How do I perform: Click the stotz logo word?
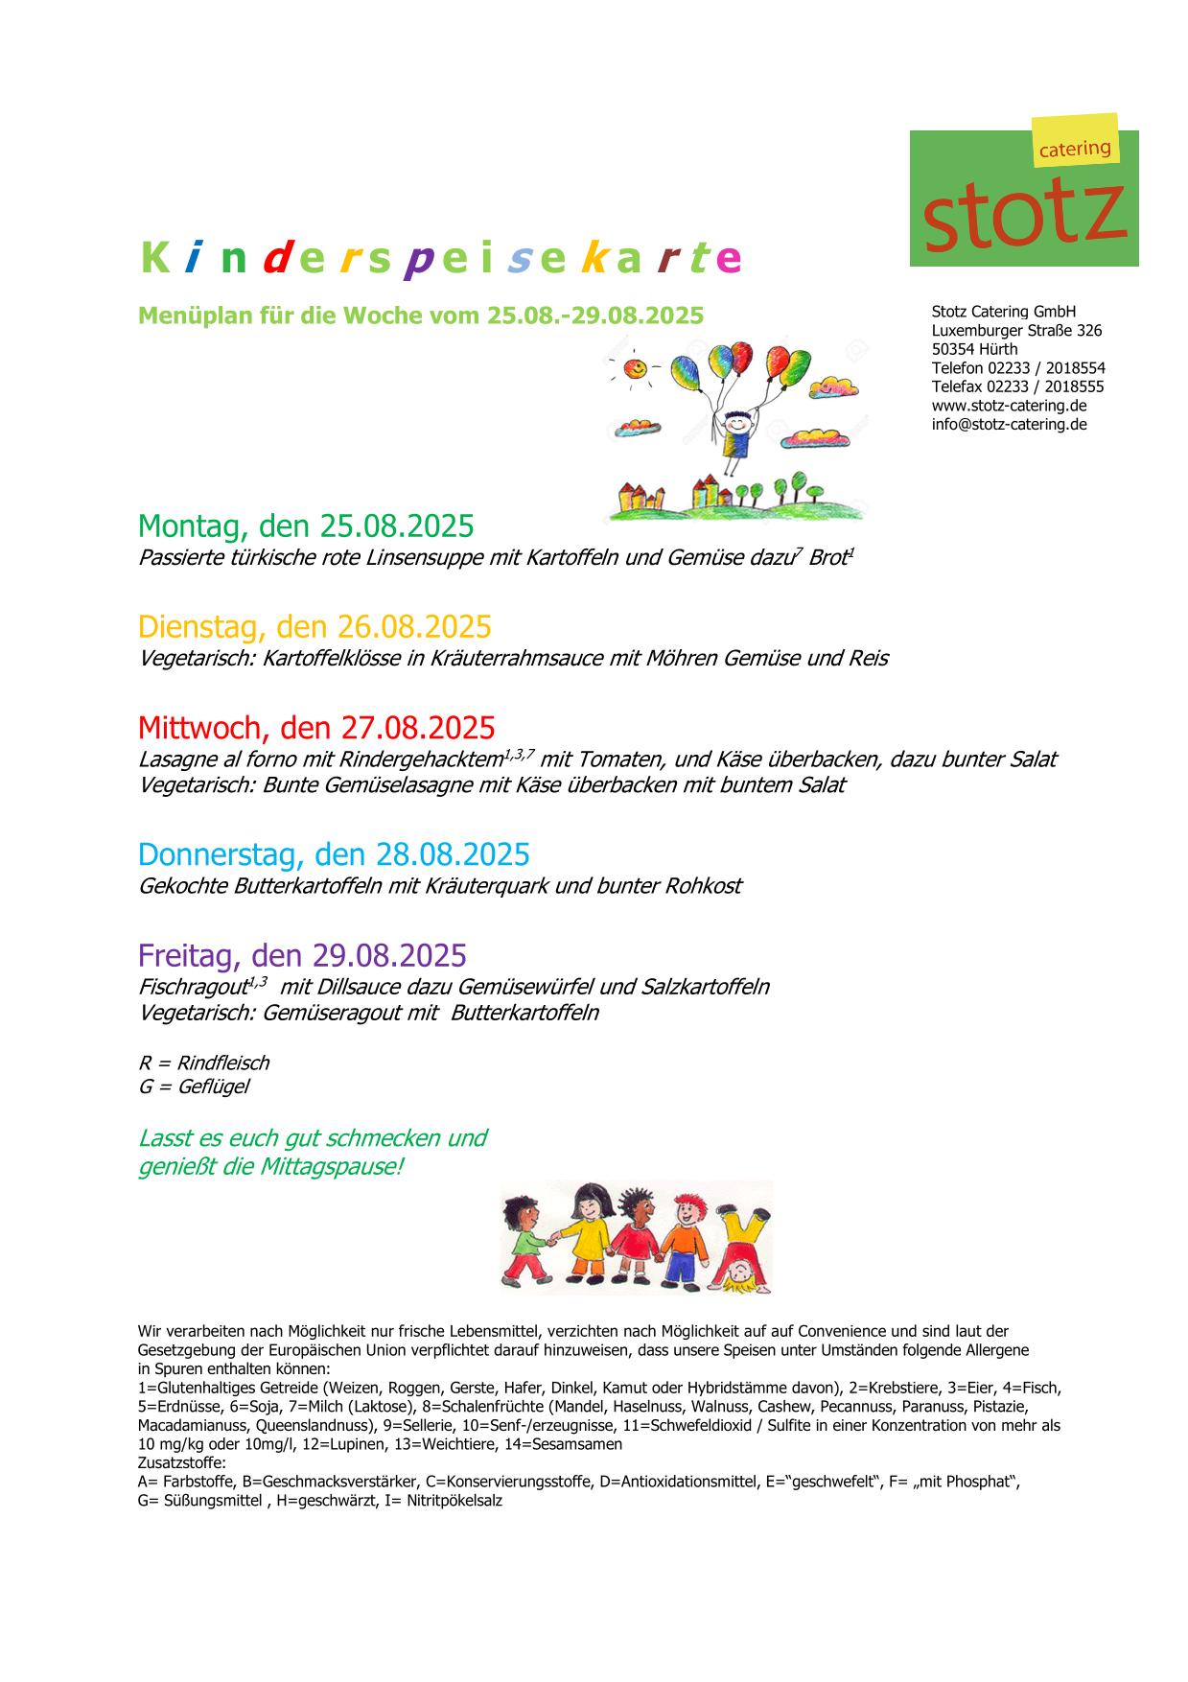[x=1023, y=211]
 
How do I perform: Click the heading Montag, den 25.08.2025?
[x=306, y=526]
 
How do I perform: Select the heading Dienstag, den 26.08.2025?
[x=314, y=626]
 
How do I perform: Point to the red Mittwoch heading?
[x=316, y=727]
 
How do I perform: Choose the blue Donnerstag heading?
[x=334, y=853]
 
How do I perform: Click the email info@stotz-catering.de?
[x=1009, y=424]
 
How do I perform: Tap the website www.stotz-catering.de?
[x=1009, y=406]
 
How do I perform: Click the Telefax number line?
[x=1017, y=386]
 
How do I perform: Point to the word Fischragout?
[x=193, y=987]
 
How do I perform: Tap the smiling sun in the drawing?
[x=634, y=367]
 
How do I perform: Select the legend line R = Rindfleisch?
[x=203, y=1063]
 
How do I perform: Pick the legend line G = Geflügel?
[x=194, y=1086]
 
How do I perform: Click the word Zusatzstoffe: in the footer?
[x=182, y=1462]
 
